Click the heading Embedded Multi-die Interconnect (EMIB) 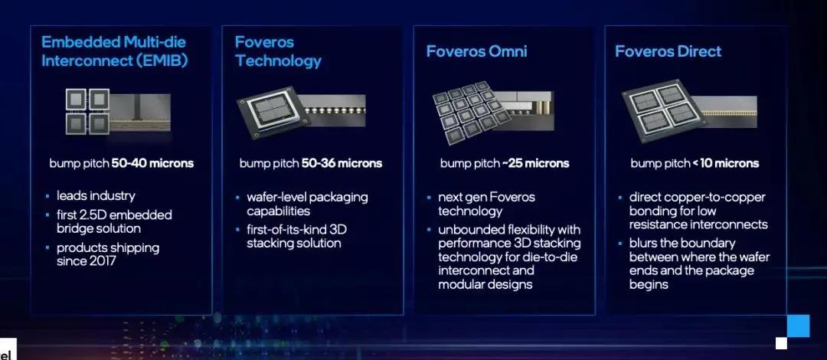coord(113,51)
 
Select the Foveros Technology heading coord(278,51)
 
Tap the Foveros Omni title coord(476,51)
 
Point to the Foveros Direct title coord(668,51)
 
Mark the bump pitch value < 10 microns coord(724,163)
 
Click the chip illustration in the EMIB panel coord(117,112)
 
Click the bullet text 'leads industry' coord(96,196)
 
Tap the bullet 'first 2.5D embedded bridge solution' coord(114,221)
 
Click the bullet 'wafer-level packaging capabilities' coord(306,204)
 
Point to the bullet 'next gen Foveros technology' coord(486,204)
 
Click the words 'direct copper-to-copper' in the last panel coord(697,197)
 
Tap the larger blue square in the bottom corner coord(798,326)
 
